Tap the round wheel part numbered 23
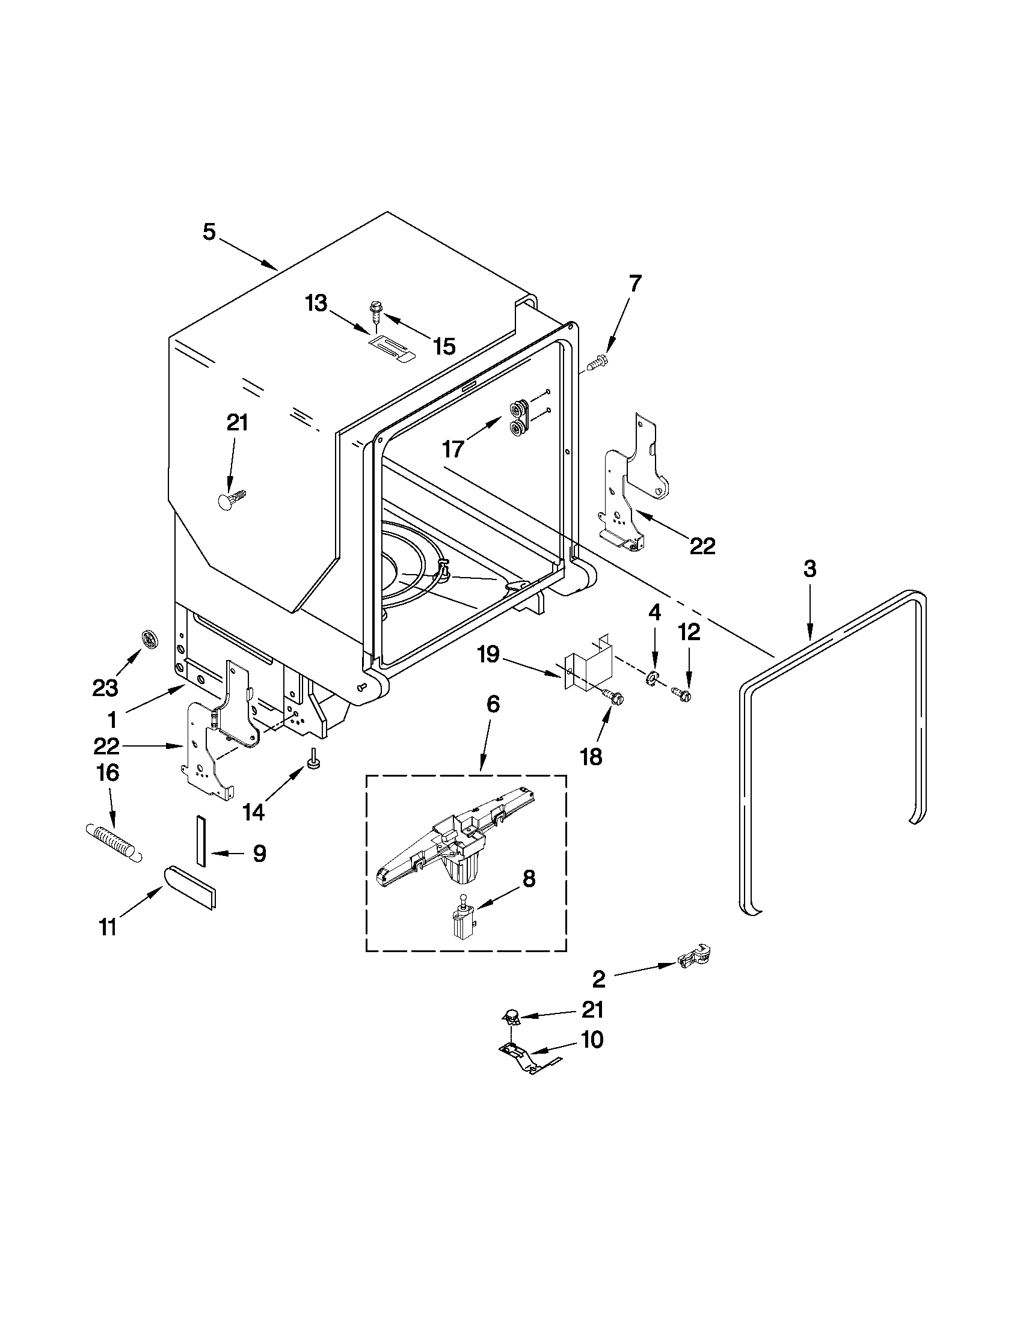tap(148, 638)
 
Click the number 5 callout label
tap(209, 232)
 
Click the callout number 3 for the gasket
tap(809, 569)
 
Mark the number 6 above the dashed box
tap(493, 704)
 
